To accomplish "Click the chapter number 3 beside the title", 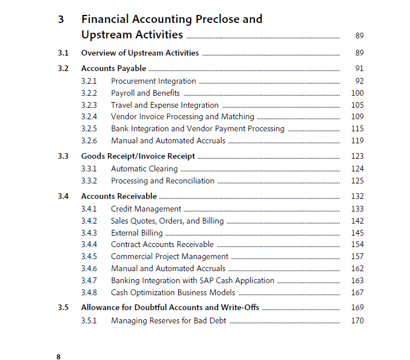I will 61,19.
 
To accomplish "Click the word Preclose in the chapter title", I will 218,19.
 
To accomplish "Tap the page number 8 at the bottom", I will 58,357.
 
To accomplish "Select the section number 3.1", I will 63,53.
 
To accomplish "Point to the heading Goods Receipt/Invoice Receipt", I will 138,156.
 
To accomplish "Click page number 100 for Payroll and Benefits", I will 357,93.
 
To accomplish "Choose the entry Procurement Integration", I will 153,81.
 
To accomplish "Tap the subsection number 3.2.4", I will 89,117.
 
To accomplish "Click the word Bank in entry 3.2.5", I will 120,129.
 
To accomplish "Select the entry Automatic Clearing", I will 144,169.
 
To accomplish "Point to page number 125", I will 357,181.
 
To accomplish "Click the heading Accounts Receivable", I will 119,196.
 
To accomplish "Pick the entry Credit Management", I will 146,209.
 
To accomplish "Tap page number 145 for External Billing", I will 357,233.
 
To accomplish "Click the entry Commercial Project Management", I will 169,257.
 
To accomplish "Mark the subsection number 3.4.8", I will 89,293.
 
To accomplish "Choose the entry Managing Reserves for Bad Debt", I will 168,320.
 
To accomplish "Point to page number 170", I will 357,320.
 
